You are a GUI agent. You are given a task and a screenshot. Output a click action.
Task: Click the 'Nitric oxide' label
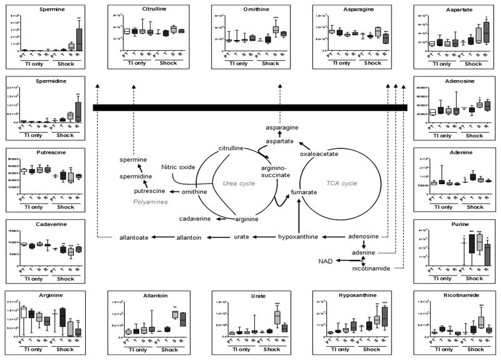point(178,167)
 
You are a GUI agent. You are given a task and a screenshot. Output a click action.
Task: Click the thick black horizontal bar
point(250,108)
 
